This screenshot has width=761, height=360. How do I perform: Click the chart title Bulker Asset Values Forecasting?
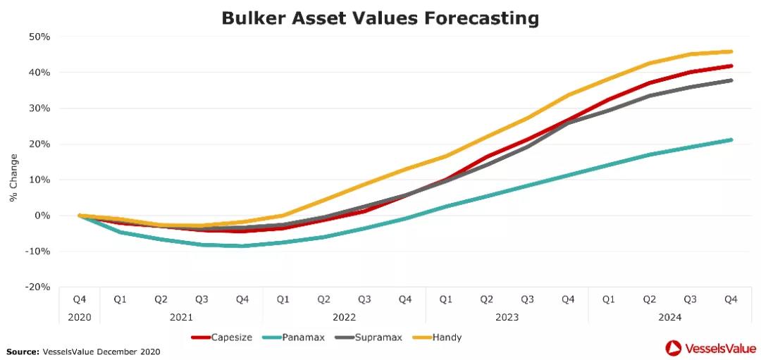click(380, 18)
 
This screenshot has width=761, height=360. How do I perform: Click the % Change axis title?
click(13, 178)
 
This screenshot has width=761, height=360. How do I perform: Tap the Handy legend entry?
click(440, 337)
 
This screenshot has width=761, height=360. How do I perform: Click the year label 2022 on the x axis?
click(344, 317)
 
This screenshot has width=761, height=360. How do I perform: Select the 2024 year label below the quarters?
click(669, 317)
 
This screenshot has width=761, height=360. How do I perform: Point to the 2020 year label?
click(79, 317)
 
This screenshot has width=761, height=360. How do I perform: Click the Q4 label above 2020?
click(79, 299)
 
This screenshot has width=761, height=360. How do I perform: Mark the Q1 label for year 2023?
click(446, 299)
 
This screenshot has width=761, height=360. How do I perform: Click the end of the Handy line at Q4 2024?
click(731, 51)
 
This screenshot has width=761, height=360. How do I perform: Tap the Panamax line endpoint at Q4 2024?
click(731, 139)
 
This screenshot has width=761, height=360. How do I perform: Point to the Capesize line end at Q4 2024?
click(731, 66)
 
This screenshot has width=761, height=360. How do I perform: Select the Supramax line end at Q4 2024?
click(731, 80)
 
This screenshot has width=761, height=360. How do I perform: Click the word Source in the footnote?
click(23, 351)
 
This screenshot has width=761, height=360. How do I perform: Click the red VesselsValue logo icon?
click(673, 347)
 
